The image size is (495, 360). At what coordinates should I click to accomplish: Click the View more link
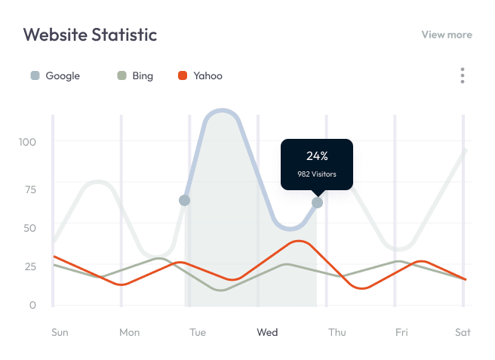[x=447, y=35]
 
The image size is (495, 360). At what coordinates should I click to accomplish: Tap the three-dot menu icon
[x=463, y=75]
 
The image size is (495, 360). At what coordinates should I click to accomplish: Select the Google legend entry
[x=55, y=75]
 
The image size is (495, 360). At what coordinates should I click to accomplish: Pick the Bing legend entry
[x=135, y=75]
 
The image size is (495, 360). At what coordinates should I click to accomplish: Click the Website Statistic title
[x=90, y=35]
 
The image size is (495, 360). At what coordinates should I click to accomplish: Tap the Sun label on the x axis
[x=60, y=332]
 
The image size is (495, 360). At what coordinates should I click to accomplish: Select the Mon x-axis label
[x=130, y=332]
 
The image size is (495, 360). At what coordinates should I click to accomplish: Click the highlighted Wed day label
[x=267, y=332]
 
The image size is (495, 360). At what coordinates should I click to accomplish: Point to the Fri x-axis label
[x=402, y=332]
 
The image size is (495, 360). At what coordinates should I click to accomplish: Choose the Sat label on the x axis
[x=463, y=332]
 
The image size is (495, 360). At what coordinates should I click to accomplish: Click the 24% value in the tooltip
[x=317, y=156]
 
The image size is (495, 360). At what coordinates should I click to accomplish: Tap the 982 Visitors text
[x=317, y=174]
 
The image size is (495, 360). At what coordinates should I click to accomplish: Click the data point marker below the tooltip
[x=317, y=202]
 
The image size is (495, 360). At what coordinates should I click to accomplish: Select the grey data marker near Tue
[x=184, y=200]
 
